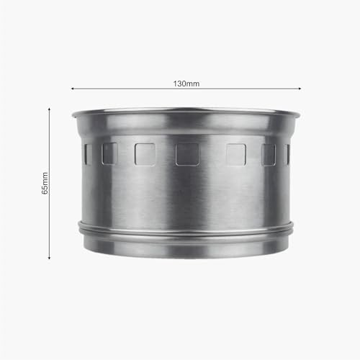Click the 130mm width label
186,84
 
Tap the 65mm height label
45,183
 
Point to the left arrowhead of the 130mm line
72,89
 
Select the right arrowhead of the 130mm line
300,89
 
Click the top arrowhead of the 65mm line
49,109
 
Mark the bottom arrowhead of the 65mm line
49,258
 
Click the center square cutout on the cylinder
187,155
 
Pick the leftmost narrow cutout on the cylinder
88,154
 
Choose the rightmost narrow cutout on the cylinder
287,154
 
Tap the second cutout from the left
109,153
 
